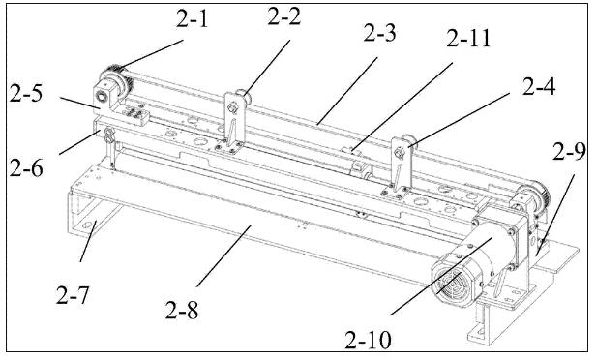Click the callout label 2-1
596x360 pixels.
pyautogui.click(x=193, y=18)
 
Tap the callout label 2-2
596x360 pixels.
pyautogui.click(x=283, y=16)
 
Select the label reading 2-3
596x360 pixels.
pyautogui.click(x=379, y=33)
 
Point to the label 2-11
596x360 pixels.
pyautogui.click(x=468, y=38)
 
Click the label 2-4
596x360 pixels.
pyautogui.click(x=539, y=86)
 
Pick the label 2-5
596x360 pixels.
pyautogui.click(x=26, y=93)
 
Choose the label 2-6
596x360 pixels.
pyautogui.click(x=26, y=167)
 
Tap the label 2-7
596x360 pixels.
pyautogui.click(x=73, y=295)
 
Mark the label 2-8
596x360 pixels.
pyautogui.click(x=181, y=310)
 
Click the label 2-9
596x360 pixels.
pyautogui.click(x=569, y=152)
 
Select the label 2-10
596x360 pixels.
pyautogui.click(x=368, y=340)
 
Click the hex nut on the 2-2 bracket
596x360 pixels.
pyautogui.click(x=232, y=109)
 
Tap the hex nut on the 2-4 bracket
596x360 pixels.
pyautogui.click(x=399, y=154)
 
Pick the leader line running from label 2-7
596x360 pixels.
pyautogui.click(x=88, y=241)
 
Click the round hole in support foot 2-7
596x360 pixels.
pyautogui.click(x=87, y=225)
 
